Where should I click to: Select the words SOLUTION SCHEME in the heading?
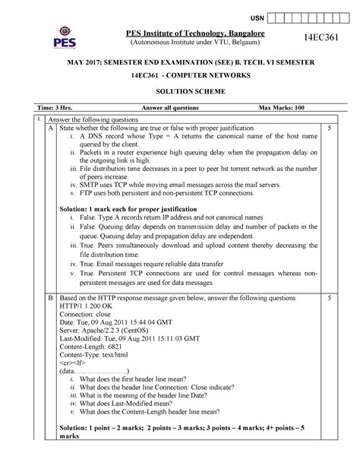[179, 90]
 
